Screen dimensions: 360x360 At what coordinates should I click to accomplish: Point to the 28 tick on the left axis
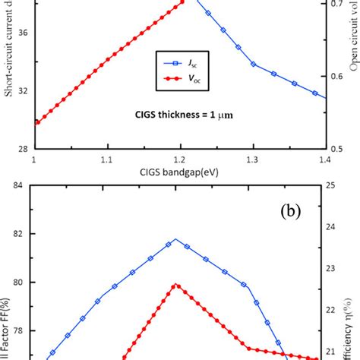tap(17, 148)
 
